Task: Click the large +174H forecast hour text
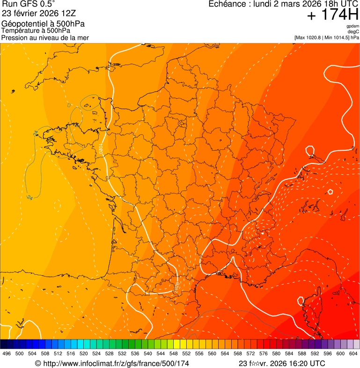point(332,15)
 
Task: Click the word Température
point(22,30)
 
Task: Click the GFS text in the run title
point(26,4)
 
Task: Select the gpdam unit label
point(353,26)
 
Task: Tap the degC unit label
point(353,32)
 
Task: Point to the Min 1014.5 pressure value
point(336,37)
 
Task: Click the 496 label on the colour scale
point(7,354)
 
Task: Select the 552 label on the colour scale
point(186,354)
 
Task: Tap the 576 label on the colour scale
point(263,354)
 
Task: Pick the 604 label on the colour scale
point(353,354)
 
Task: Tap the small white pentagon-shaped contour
point(331,191)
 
